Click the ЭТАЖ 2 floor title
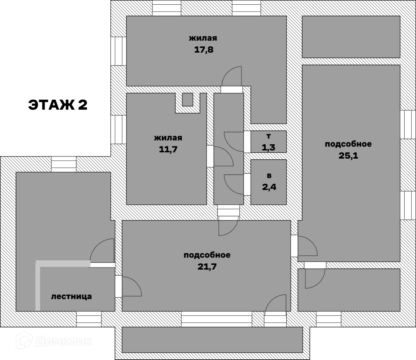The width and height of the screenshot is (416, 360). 58,105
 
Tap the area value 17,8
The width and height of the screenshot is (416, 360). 203,50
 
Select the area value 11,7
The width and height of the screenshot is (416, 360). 168,149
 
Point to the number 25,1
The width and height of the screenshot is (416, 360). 348,155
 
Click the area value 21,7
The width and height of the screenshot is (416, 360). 207,267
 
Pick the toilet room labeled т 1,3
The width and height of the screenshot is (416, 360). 269,142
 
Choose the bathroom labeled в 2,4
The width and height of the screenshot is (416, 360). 269,182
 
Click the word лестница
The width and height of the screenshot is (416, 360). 71,296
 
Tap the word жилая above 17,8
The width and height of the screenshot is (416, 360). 203,38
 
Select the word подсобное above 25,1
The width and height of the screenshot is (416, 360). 348,144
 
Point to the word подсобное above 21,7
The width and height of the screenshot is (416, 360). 207,255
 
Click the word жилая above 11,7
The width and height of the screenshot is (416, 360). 168,138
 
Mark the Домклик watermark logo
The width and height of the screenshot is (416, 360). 55,341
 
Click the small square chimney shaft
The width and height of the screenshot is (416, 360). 187,99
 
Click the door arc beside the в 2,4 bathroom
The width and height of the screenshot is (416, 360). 234,183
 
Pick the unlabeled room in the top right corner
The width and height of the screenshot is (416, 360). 351,37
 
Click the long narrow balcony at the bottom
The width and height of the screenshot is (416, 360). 212,340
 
